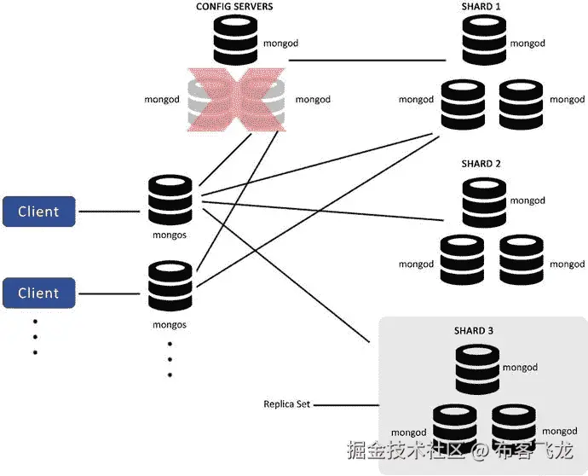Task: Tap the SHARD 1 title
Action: click(x=481, y=7)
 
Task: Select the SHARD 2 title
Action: click(x=481, y=163)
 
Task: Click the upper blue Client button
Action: click(x=38, y=212)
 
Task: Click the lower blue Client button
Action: click(x=38, y=293)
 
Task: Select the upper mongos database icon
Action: click(x=170, y=200)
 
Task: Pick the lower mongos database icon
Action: click(x=170, y=287)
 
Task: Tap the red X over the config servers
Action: click(x=236, y=101)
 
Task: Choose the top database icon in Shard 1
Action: click(x=483, y=39)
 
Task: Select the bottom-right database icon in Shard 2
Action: click(x=521, y=260)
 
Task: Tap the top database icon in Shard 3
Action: click(x=476, y=367)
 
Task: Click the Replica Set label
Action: click(x=286, y=403)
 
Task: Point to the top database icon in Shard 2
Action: click(x=483, y=201)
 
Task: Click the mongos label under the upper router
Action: click(x=170, y=234)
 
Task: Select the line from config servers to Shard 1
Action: click(x=368, y=61)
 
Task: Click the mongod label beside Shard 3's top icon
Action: click(x=519, y=368)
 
